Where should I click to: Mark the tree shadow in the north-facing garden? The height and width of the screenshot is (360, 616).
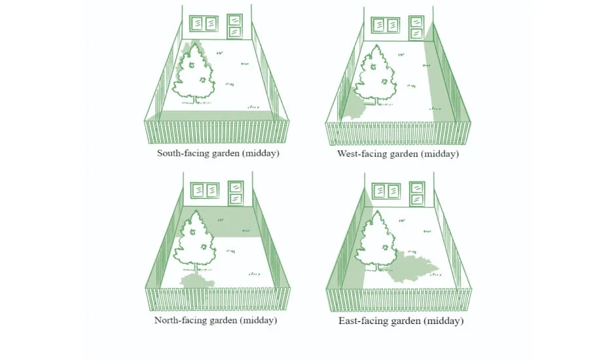(197, 280)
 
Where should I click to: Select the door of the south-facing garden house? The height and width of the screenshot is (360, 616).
(234, 26)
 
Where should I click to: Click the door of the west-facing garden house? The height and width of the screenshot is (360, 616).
(416, 28)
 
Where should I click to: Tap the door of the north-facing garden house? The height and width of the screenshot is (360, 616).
(236, 193)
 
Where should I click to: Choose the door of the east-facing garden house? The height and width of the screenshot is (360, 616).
(417, 194)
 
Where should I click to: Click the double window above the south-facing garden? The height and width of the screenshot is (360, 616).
(204, 24)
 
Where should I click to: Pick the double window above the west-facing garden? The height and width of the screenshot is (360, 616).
(386, 25)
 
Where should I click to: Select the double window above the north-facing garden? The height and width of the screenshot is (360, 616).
(205, 190)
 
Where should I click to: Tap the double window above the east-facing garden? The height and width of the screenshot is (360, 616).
(386, 191)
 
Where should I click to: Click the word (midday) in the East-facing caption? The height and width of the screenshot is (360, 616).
(444, 321)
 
